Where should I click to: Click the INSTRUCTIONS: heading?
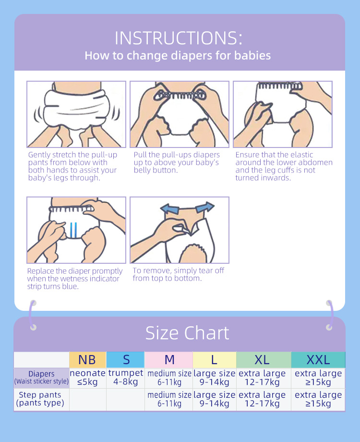click(178, 38)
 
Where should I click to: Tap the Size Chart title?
click(187, 333)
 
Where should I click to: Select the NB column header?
click(87, 360)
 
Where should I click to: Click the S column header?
click(126, 360)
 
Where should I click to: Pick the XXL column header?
click(318, 360)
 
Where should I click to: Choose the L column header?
click(215, 360)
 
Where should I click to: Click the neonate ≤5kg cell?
click(87, 378)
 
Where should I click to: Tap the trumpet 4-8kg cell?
click(126, 378)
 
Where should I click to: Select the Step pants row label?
click(40, 399)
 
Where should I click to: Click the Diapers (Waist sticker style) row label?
click(41, 378)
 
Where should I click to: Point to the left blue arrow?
click(169, 209)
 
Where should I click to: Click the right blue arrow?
click(205, 207)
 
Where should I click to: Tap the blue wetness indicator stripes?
click(73, 231)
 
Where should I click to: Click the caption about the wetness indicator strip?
click(75, 279)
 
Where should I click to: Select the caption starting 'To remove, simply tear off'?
click(178, 274)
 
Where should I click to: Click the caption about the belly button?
click(177, 162)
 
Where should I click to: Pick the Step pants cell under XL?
click(262, 399)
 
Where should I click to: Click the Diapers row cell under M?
click(169, 378)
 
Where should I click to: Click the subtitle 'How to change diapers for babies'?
click(178, 56)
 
